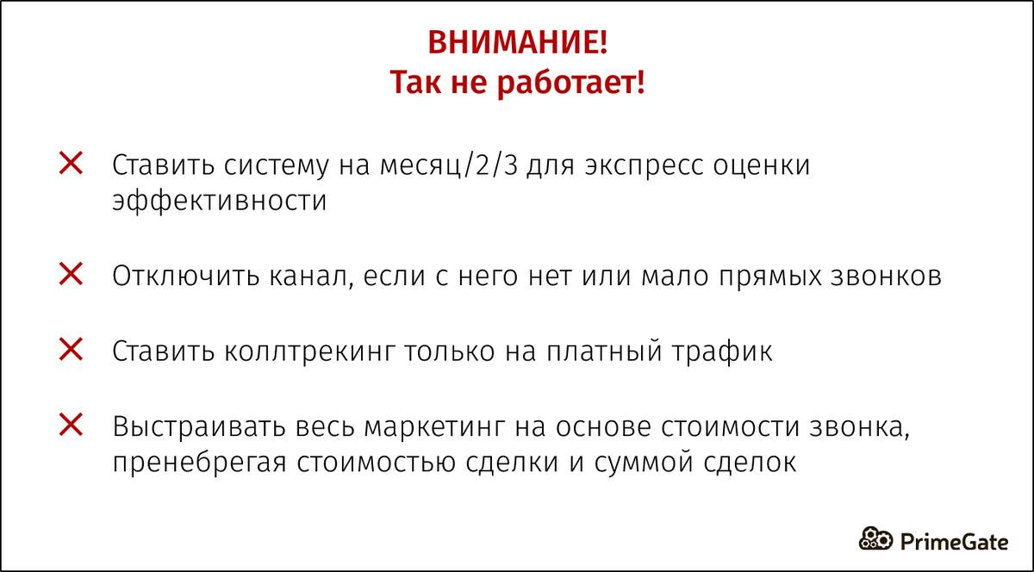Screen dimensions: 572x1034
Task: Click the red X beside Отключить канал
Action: pyautogui.click(x=70, y=275)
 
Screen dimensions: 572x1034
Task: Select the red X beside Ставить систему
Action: pyautogui.click(x=70, y=163)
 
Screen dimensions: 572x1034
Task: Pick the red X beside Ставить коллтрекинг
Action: pyautogui.click(x=70, y=350)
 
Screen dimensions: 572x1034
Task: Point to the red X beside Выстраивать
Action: pyautogui.click(x=70, y=424)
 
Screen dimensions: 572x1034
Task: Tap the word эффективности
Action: pyautogui.click(x=220, y=202)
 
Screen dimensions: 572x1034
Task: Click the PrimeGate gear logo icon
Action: pyautogui.click(x=876, y=539)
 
